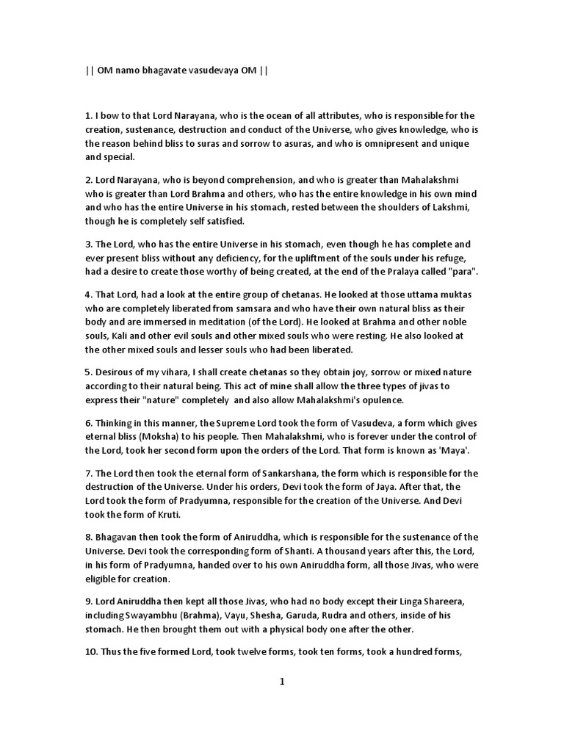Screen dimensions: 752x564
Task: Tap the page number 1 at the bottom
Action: [281, 681]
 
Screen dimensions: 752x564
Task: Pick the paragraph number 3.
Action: [88, 244]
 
